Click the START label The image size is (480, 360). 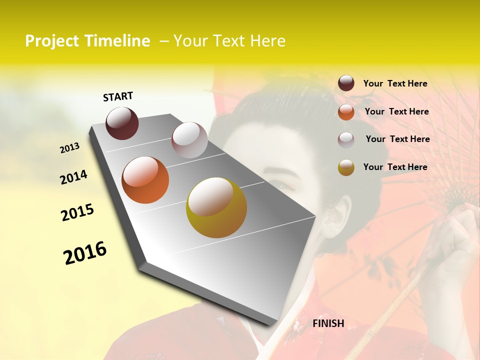click(118, 96)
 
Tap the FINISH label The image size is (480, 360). click(328, 323)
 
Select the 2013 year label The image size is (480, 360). click(70, 148)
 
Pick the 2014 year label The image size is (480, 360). click(73, 177)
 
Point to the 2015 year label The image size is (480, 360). click(77, 212)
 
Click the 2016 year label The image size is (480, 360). click(85, 253)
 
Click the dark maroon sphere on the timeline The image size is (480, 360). click(122, 123)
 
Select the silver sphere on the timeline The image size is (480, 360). click(189, 139)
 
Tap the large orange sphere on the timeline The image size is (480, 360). click(145, 179)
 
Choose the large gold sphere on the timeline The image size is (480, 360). click(216, 207)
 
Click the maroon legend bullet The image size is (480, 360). click(346, 83)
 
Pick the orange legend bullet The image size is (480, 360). click(346, 112)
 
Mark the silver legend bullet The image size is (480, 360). click(346, 140)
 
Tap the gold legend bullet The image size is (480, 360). click(346, 167)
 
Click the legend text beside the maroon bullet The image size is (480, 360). click(395, 83)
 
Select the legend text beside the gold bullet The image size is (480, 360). click(395, 167)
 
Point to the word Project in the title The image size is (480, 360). click(52, 41)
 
